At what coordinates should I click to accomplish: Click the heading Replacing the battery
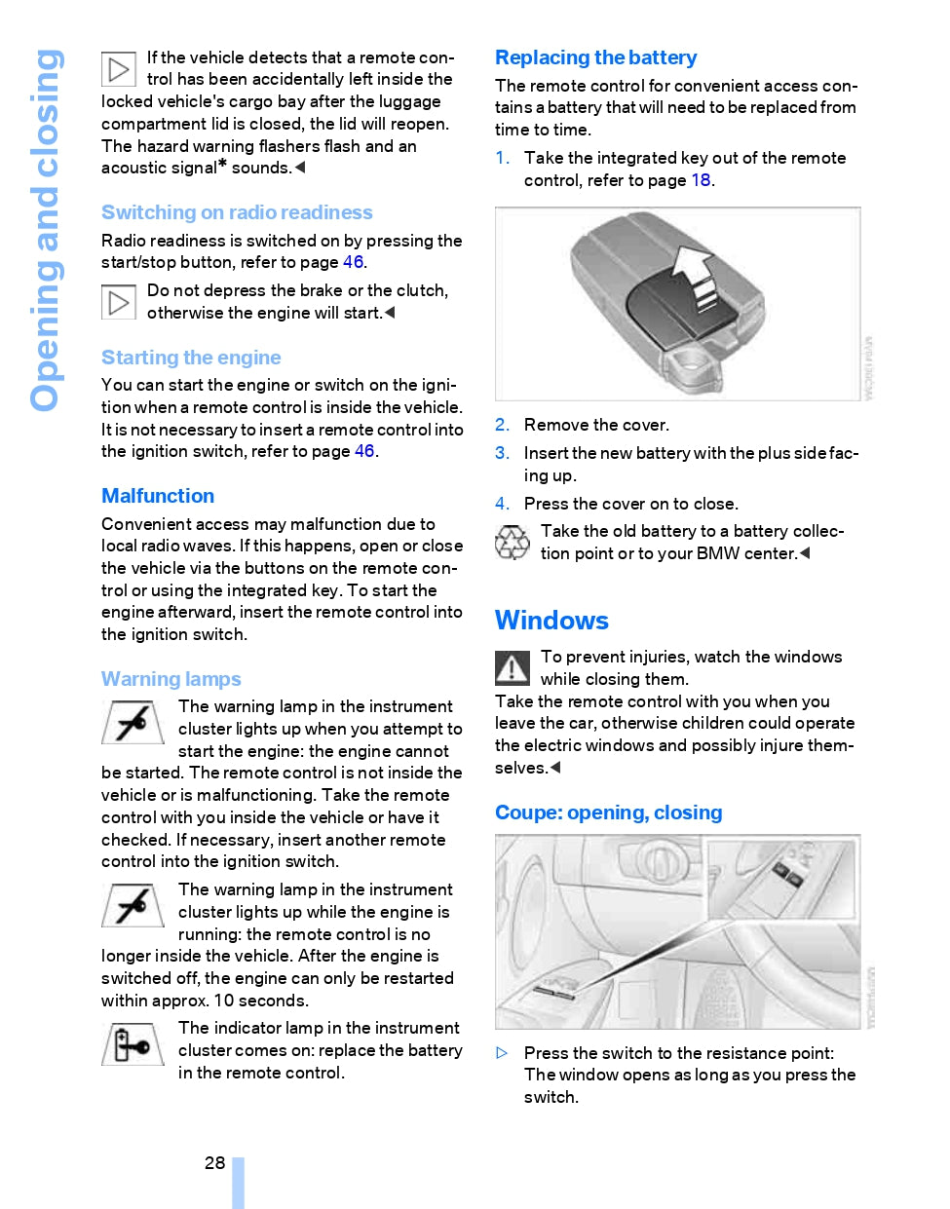(595, 57)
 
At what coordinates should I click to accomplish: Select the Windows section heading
(551, 621)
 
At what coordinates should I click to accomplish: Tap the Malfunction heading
(158, 496)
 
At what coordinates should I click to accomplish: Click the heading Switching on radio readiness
(237, 212)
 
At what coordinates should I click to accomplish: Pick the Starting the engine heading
(191, 358)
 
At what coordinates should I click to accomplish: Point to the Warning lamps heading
(171, 679)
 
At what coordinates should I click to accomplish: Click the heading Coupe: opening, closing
(608, 812)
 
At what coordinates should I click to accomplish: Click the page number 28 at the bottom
(214, 1162)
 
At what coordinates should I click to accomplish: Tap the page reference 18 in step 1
(701, 180)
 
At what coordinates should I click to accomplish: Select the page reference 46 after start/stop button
(353, 262)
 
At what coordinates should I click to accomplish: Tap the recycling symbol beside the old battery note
(512, 543)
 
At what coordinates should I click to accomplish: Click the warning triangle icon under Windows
(513, 667)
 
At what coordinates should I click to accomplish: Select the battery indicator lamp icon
(133, 1044)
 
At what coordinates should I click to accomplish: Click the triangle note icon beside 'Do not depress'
(119, 302)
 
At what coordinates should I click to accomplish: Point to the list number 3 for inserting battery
(501, 453)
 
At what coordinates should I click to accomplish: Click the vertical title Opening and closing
(46, 230)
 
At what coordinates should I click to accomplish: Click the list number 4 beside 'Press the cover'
(501, 504)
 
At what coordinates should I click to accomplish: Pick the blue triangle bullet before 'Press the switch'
(502, 1053)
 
